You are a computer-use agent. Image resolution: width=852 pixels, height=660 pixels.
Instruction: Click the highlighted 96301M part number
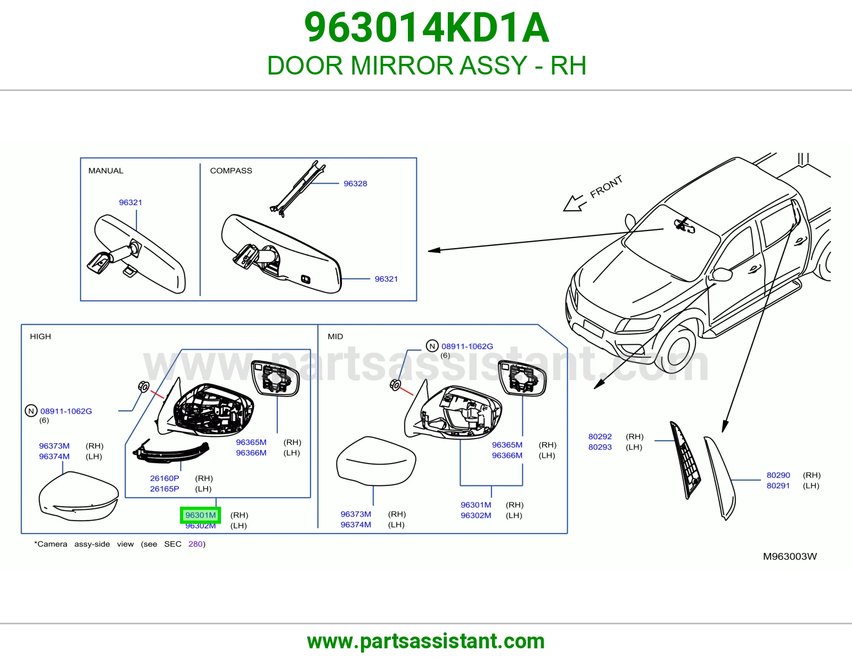coord(200,515)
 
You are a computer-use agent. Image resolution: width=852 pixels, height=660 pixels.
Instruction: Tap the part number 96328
coord(355,184)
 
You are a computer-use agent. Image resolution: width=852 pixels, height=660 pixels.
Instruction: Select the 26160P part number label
coord(165,478)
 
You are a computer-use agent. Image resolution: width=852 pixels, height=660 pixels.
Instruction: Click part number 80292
coord(600,436)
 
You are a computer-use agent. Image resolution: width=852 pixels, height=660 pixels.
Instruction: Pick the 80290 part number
coord(779,475)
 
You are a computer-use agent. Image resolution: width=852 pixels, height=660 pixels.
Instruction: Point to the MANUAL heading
coord(105,170)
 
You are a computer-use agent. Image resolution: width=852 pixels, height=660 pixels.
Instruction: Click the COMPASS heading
coord(231,170)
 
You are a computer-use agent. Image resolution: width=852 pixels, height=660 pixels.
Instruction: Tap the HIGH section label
coord(40,336)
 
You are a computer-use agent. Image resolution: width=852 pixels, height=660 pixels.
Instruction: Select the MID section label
coord(335,336)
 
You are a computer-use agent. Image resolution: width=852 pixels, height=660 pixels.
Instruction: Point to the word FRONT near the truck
coord(606,186)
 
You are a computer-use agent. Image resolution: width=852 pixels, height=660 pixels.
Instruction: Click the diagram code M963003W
coord(790,557)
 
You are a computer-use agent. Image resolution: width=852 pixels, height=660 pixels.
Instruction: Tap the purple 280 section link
coord(195,544)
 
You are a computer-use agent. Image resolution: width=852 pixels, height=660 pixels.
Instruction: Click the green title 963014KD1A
coord(427,27)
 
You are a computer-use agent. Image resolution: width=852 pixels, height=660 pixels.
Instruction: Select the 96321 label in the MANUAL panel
coord(130,202)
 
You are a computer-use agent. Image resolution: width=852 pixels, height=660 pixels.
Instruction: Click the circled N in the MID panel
coord(432,346)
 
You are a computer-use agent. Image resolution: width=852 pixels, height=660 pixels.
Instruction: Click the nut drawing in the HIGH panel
coord(143,386)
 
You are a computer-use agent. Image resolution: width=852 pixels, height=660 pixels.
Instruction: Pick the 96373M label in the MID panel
coord(356,514)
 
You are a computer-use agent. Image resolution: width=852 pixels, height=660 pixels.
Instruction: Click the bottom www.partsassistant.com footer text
coord(426,641)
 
